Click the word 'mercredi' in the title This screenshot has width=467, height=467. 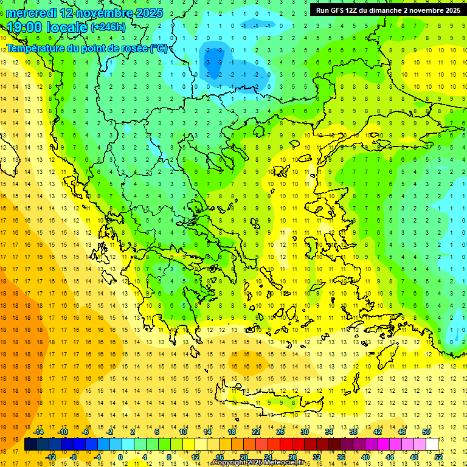31,13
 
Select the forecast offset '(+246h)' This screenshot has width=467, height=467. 108,27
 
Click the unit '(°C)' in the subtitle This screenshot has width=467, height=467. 159,48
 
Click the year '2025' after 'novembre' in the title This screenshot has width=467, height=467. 147,13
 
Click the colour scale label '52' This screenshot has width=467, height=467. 439,457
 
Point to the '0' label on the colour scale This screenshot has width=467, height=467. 120,457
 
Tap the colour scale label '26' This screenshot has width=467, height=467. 280,432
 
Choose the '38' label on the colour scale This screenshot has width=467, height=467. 353,432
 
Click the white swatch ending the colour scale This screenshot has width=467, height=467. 432,445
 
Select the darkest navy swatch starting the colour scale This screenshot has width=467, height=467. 30,445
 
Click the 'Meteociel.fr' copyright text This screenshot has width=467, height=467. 280,463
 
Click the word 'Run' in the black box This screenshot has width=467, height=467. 322,10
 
